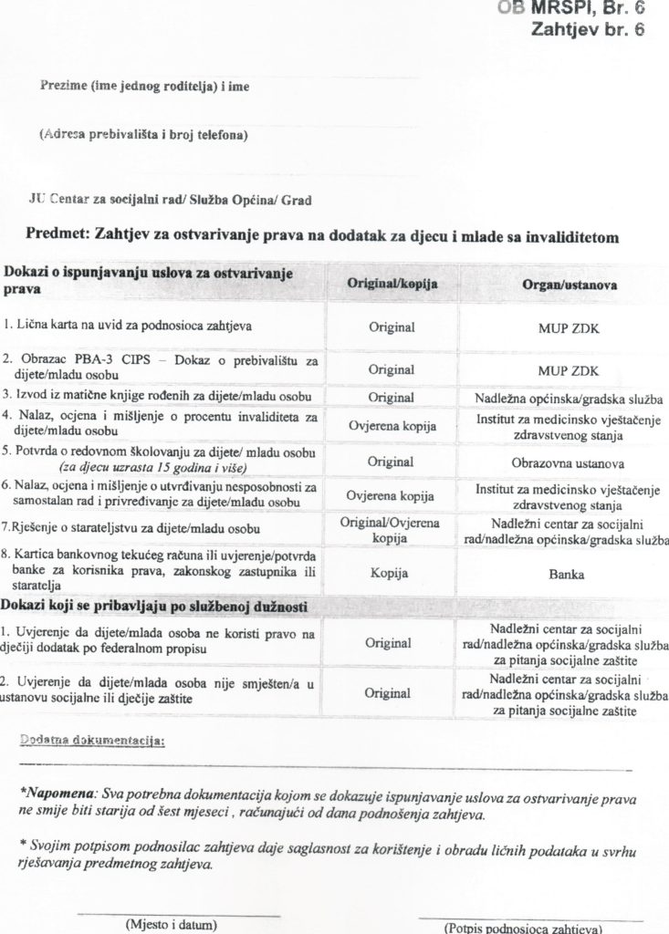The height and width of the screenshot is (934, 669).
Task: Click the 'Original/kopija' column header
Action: point(392,285)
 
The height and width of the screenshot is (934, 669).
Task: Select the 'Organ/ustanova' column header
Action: point(569,285)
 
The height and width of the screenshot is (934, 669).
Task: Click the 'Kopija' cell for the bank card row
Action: point(390,575)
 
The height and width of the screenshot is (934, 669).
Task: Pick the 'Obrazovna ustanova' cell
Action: point(567,462)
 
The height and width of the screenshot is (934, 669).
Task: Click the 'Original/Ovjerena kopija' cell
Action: point(391,530)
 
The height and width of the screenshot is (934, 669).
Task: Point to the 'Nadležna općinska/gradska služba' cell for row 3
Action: point(568,399)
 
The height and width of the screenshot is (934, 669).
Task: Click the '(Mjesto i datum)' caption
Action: point(177,924)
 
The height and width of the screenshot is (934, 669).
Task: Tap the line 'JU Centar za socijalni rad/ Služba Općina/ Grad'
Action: point(170,199)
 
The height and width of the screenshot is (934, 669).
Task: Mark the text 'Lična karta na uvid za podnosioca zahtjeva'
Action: point(128,326)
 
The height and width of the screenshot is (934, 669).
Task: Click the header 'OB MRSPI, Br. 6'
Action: point(571,8)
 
